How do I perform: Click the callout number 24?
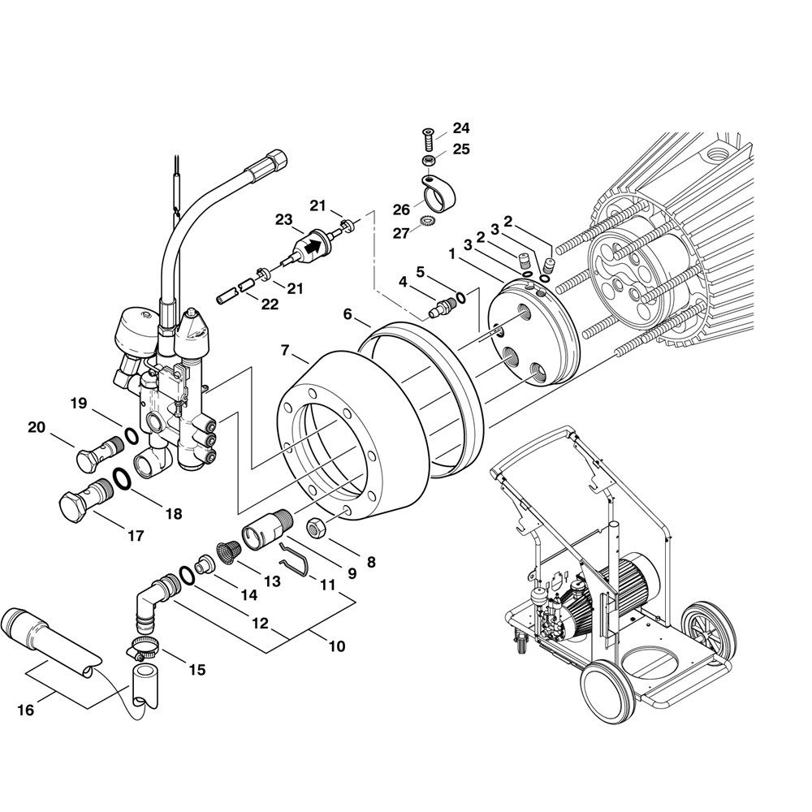[461, 127]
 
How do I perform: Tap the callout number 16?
[25, 710]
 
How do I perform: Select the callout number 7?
[285, 351]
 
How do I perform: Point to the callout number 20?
[37, 427]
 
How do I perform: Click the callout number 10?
[337, 646]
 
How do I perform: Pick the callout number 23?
[283, 219]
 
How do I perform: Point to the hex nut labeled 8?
[317, 529]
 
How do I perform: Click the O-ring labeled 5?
[460, 298]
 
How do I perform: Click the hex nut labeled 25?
[429, 160]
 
